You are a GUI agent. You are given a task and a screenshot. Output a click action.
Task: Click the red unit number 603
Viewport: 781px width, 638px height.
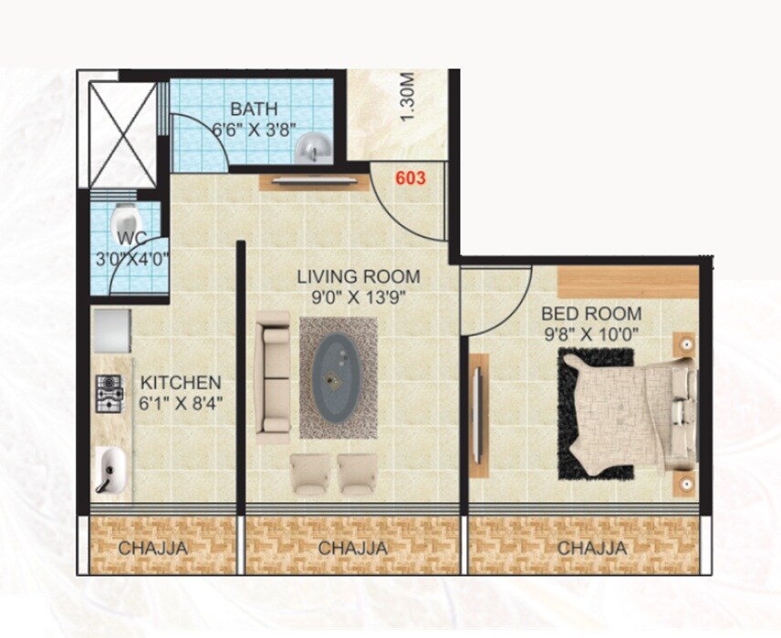pos(411,179)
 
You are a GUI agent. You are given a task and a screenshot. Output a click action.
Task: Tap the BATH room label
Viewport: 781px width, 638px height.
pos(253,110)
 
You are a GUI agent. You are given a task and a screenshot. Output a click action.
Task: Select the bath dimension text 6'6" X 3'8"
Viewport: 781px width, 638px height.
pos(254,130)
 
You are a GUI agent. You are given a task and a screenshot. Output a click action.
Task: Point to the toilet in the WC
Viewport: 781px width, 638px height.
pos(124,221)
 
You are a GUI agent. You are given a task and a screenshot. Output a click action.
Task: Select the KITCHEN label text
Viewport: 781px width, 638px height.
pos(180,382)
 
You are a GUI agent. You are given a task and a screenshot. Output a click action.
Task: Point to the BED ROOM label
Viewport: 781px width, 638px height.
pos(590,314)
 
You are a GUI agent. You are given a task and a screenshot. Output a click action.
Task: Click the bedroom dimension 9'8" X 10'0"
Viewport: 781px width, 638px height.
pos(590,334)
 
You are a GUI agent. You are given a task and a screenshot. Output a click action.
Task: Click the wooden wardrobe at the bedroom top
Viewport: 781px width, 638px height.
pos(627,281)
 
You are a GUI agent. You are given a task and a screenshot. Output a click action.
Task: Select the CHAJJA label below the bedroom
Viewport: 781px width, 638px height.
pos(592,548)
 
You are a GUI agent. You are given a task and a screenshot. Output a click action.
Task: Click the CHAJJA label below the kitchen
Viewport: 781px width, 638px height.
pos(153,548)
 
